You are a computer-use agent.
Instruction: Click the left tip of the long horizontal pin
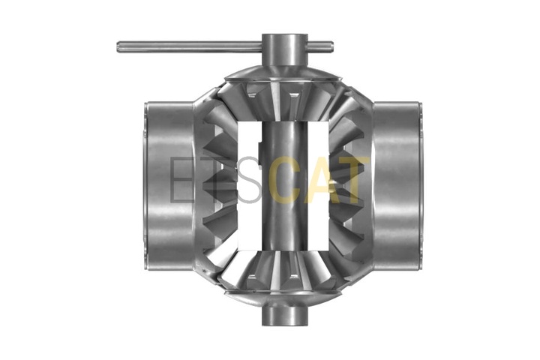[x=118, y=47]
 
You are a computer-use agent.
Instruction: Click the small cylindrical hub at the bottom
[x=284, y=314]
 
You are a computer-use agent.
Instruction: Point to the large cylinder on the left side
[x=169, y=186]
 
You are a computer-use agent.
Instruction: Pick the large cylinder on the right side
[x=396, y=186]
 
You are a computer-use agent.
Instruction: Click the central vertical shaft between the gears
[x=284, y=186]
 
